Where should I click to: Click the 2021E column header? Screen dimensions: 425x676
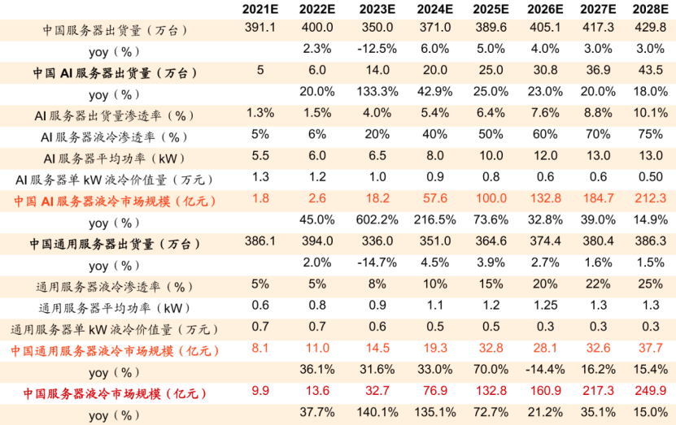pos(259,9)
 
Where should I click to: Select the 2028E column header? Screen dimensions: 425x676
pos(652,9)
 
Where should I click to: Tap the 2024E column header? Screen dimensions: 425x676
pos(434,9)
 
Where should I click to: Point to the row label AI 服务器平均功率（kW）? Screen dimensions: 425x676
pos(115,157)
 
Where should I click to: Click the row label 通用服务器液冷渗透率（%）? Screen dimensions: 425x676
pos(115,286)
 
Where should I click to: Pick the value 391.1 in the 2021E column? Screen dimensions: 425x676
pos(259,28)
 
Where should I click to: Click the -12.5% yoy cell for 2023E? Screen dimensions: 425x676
pos(375,49)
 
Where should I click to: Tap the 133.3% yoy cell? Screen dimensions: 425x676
pos(375,91)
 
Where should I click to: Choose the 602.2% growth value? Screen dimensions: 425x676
pos(375,219)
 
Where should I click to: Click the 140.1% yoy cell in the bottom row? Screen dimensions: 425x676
pos(375,412)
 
